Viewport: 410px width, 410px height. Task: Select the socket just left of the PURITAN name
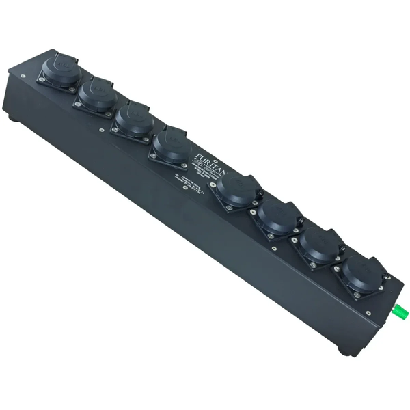point(172,144)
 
